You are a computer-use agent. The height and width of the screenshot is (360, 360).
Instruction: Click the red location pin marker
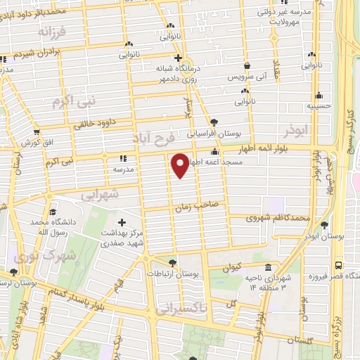[x=181, y=165]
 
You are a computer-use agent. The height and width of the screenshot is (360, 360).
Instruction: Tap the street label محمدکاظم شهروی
[x=277, y=219]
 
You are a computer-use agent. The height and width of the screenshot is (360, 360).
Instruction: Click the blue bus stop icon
[x=339, y=266]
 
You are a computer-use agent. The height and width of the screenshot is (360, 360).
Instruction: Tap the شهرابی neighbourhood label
[x=100, y=193]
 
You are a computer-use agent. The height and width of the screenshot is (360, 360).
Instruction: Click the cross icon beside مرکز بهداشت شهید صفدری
[x=124, y=223]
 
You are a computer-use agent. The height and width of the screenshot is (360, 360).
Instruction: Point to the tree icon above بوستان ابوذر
[x=325, y=225]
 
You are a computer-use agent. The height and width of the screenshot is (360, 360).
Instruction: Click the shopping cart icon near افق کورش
[x=36, y=131]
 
